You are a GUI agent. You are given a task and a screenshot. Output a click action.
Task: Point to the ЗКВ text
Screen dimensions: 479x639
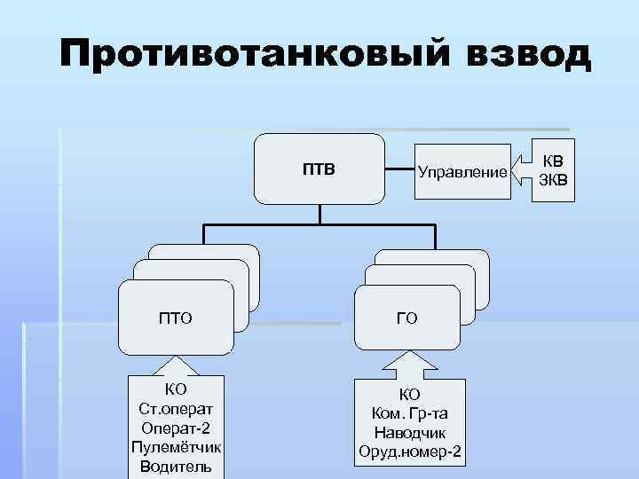pos(552,180)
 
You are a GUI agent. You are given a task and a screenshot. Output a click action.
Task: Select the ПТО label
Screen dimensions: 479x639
pos(177,317)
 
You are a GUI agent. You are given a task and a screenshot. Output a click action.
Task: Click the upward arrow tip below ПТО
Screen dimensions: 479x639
pos(176,359)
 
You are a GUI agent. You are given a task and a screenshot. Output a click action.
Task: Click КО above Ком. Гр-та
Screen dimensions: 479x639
pos(409,396)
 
